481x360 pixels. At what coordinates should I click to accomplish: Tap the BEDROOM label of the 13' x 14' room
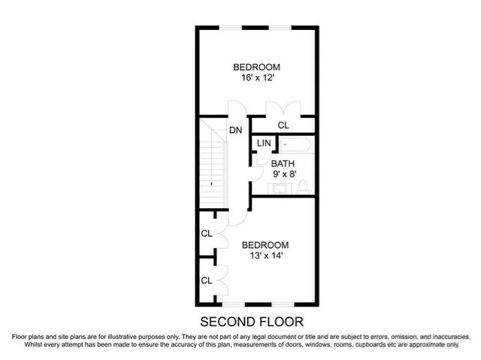(265, 245)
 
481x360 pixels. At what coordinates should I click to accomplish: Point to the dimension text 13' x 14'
(265, 256)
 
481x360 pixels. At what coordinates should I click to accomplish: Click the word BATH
(283, 163)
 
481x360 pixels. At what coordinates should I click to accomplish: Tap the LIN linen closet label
(264, 144)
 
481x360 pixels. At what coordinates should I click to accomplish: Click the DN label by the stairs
(236, 130)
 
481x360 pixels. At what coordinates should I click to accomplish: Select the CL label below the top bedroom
(283, 126)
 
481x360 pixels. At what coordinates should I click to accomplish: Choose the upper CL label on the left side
(206, 234)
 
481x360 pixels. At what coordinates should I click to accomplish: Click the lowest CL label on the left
(206, 280)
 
